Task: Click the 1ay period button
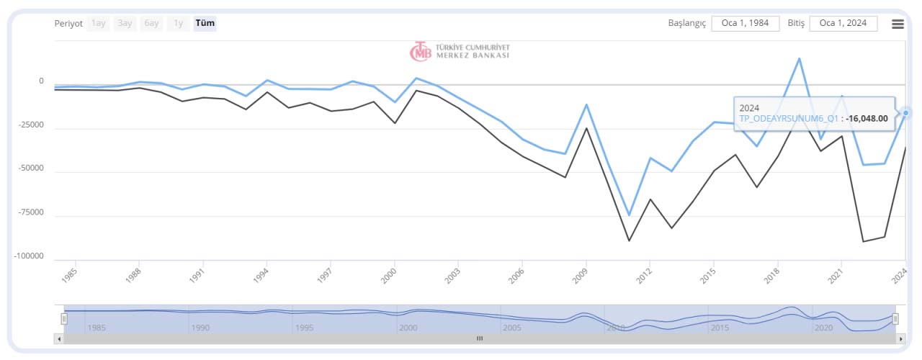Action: pyautogui.click(x=99, y=23)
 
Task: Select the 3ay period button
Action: pyautogui.click(x=125, y=23)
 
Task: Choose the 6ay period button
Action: pyautogui.click(x=151, y=23)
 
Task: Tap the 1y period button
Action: pyautogui.click(x=178, y=23)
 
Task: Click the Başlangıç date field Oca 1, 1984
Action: pyautogui.click(x=745, y=23)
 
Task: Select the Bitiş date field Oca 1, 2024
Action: pyautogui.click(x=843, y=23)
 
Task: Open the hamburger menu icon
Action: pyautogui.click(x=898, y=24)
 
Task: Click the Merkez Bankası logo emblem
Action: pyautogui.click(x=421, y=51)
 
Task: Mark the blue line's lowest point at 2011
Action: pyautogui.click(x=629, y=215)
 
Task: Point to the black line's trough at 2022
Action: pyautogui.click(x=863, y=241)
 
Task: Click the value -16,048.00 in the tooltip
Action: pyautogui.click(x=867, y=119)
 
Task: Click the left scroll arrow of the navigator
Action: pyautogui.click(x=59, y=338)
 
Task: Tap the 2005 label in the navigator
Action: pyautogui.click(x=511, y=328)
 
